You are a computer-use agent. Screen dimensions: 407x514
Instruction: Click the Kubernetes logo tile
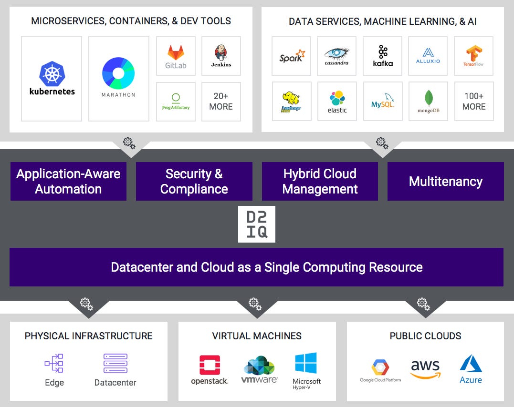tap(52, 79)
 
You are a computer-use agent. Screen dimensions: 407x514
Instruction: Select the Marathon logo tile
tap(118, 79)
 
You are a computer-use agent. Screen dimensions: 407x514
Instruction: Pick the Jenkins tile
tap(221, 56)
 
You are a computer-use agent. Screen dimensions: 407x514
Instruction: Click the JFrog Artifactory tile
tap(176, 102)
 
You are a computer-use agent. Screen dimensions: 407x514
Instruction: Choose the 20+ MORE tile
tap(221, 102)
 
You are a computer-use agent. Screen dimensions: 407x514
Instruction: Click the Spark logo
tap(291, 56)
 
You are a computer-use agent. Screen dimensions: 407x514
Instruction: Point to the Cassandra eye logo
tap(336, 53)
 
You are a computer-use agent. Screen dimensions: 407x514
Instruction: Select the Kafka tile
tap(382, 56)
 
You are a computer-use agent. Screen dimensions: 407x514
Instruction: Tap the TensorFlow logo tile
tap(473, 56)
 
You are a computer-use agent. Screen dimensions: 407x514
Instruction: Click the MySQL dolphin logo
tap(382, 101)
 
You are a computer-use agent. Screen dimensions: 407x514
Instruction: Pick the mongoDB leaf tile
tap(428, 101)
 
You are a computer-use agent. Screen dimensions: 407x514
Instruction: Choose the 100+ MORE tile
tap(473, 102)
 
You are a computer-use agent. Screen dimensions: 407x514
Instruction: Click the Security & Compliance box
tap(194, 181)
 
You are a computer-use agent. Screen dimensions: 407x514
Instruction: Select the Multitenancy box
tap(445, 181)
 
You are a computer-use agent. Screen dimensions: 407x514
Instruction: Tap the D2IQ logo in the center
tap(257, 224)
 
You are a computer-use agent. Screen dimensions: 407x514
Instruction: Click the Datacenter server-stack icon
tap(115, 364)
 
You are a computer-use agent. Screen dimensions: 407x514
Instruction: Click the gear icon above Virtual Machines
tap(255, 303)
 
